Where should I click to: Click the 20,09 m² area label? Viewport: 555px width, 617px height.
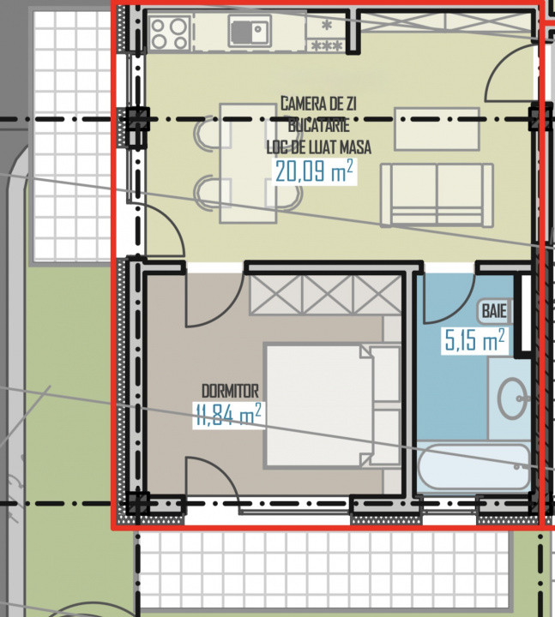314,172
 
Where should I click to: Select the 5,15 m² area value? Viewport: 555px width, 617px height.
473,342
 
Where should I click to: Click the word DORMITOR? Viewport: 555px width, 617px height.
227,391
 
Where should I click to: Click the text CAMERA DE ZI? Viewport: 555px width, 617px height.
318,104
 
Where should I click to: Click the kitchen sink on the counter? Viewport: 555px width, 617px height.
249,33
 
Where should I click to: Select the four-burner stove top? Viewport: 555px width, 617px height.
169,33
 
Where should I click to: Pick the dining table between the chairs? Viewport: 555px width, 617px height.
248,163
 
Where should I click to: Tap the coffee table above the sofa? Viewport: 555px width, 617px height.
437,129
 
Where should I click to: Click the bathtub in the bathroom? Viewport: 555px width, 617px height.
474,466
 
